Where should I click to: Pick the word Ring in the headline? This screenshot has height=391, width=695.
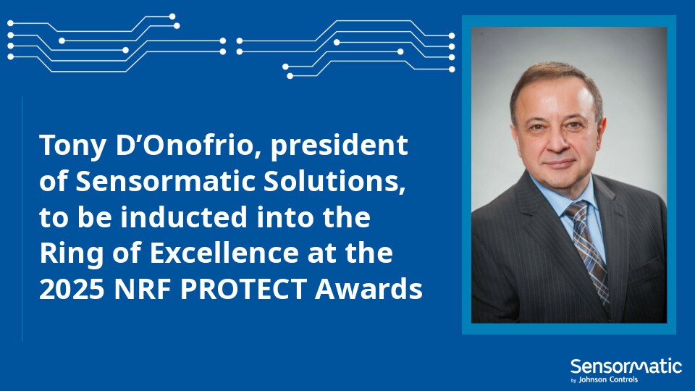click(x=68, y=254)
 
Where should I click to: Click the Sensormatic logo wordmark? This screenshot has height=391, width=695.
click(x=625, y=366)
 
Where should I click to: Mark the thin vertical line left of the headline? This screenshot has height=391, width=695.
click(x=22, y=217)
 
